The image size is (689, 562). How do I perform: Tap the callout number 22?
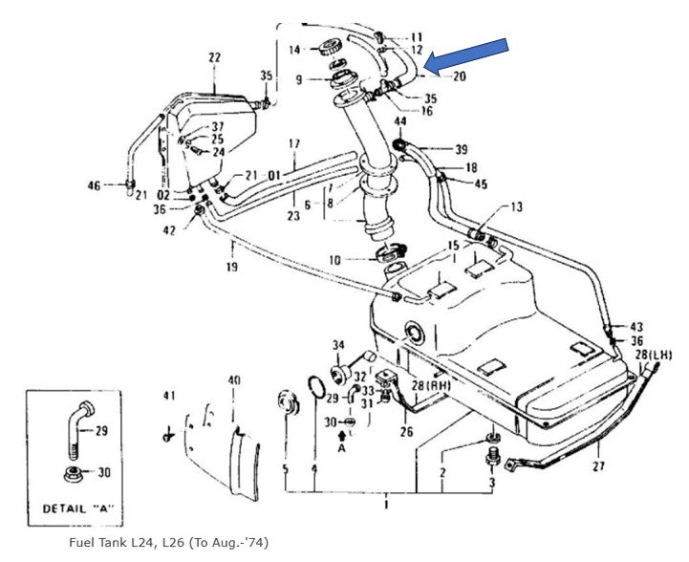pyautogui.click(x=214, y=57)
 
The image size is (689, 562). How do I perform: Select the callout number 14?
pyautogui.click(x=294, y=49)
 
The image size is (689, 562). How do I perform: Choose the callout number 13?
pyautogui.click(x=517, y=206)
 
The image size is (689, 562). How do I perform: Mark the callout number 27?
pyautogui.click(x=599, y=467)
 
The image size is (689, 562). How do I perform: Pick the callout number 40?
pyautogui.click(x=234, y=379)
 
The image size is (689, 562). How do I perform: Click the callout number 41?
pyautogui.click(x=169, y=395)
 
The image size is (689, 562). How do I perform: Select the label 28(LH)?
pyautogui.click(x=657, y=355)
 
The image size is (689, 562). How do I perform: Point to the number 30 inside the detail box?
pyautogui.click(x=104, y=472)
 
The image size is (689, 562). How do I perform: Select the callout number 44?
pyautogui.click(x=399, y=121)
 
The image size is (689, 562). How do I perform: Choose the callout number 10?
pyautogui.click(x=334, y=260)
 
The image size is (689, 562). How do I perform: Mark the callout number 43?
pyautogui.click(x=636, y=326)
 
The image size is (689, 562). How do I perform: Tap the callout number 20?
pyautogui.click(x=460, y=76)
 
